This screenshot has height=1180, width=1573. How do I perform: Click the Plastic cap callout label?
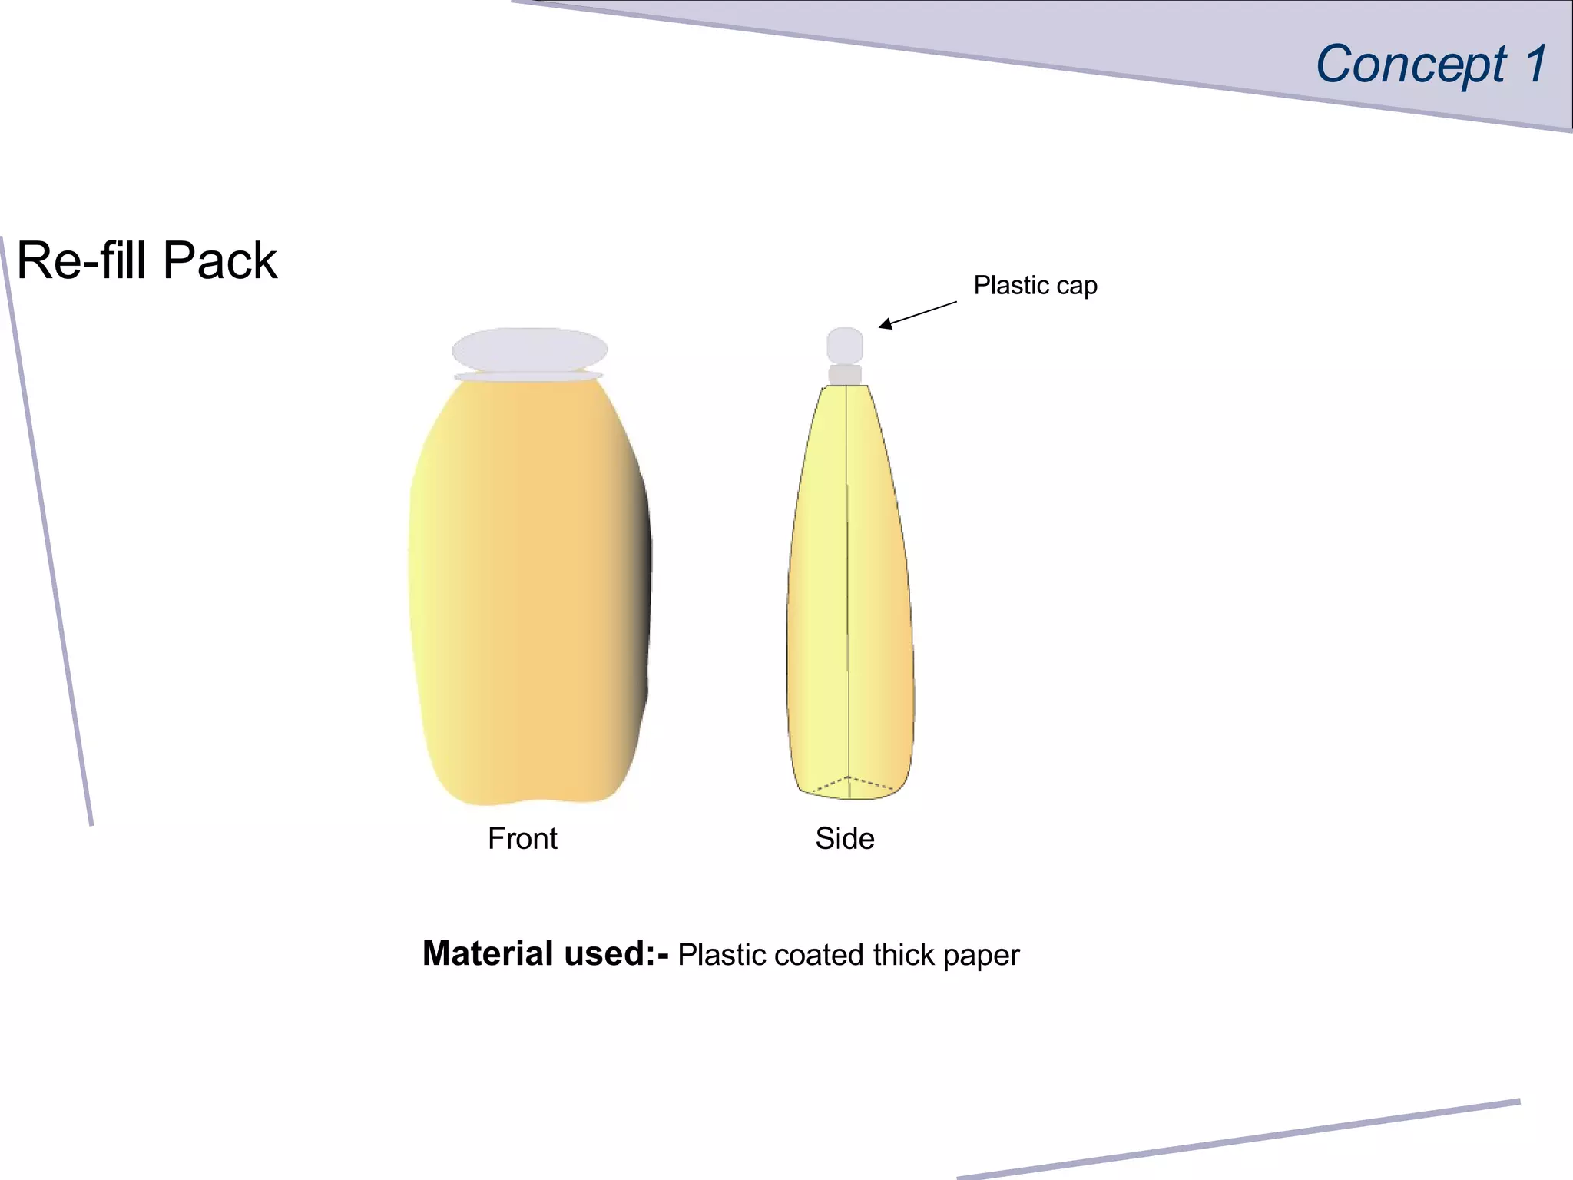pyautogui.click(x=1035, y=286)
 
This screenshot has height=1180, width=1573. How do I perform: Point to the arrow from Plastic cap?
pyautogui.click(x=917, y=314)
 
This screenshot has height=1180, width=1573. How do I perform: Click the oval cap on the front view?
pyautogui.click(x=529, y=350)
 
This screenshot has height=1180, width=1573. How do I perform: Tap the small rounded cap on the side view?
pyautogui.click(x=844, y=345)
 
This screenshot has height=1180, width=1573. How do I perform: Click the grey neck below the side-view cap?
pyautogui.click(x=844, y=375)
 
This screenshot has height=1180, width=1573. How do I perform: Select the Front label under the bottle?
pyautogui.click(x=522, y=838)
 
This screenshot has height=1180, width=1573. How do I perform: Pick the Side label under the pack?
pyautogui.click(x=844, y=838)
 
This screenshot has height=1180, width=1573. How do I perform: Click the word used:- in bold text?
pyautogui.click(x=616, y=954)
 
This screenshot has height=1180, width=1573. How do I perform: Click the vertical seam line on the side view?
pyautogui.click(x=847, y=584)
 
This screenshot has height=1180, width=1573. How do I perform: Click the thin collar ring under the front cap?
pyautogui.click(x=528, y=376)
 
